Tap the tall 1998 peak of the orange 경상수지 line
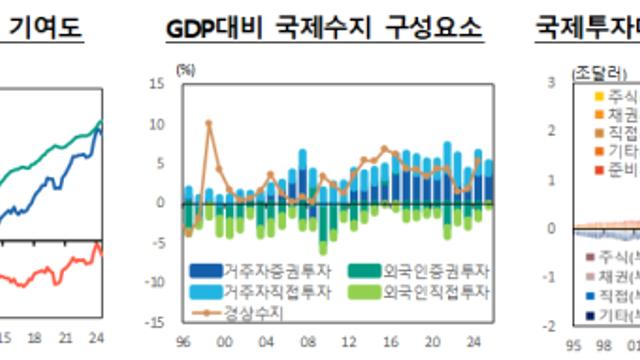208,123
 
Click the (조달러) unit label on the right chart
597,70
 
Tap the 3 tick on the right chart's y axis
553,84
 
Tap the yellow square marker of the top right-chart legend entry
598,97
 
